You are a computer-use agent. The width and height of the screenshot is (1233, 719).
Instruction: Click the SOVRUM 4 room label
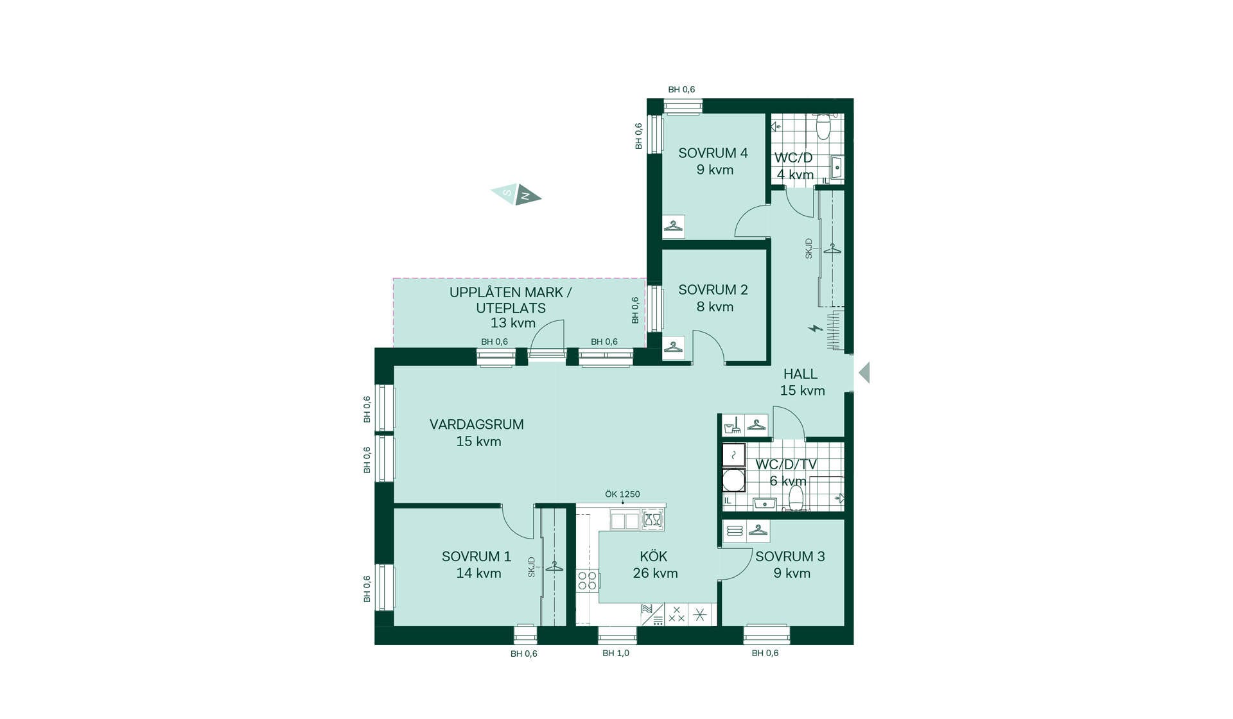pos(713,153)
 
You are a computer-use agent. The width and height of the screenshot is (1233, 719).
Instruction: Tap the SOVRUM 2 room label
pos(713,290)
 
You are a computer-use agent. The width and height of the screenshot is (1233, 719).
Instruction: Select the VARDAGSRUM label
pos(477,425)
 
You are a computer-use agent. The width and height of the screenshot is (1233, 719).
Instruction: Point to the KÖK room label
pos(654,557)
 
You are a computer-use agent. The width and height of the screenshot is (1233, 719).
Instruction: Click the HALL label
pos(800,374)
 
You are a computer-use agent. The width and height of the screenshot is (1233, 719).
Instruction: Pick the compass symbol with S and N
pos(516,194)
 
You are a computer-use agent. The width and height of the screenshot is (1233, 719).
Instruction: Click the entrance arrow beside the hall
pos(864,372)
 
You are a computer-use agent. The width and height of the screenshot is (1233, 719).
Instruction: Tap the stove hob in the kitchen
pos(588,580)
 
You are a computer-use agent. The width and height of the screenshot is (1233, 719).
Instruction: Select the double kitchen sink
pos(625,520)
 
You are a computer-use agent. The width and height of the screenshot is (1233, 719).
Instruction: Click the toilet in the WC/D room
pos(823,126)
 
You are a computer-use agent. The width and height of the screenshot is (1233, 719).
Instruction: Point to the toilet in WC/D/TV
pos(796,498)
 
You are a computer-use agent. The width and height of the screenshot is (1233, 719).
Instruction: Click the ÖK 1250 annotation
pos(622,494)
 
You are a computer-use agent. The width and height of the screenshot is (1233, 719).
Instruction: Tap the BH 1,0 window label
pos(616,654)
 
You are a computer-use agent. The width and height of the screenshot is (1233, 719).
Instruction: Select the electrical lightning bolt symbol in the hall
pos(816,329)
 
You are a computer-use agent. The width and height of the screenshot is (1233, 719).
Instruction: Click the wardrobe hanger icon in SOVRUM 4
pos(674,227)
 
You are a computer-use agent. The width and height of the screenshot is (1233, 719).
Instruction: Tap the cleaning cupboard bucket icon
pos(733,426)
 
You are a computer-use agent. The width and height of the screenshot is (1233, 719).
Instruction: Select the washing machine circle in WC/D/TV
pos(733,480)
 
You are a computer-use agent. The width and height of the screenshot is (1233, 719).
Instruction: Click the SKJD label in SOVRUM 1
pos(532,567)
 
